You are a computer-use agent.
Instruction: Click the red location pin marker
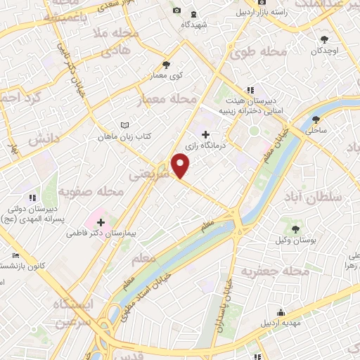[x=181, y=165]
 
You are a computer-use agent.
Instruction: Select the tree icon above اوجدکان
[x=324, y=39]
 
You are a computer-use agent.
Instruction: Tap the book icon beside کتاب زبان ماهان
[x=125, y=124]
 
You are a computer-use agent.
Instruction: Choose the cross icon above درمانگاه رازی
[x=205, y=134]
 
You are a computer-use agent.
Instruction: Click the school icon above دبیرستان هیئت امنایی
[x=250, y=90]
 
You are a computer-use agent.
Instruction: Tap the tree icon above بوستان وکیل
[x=295, y=229]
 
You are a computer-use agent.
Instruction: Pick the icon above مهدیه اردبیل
[x=281, y=312]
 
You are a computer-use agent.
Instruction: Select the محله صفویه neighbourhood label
[x=91, y=191]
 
